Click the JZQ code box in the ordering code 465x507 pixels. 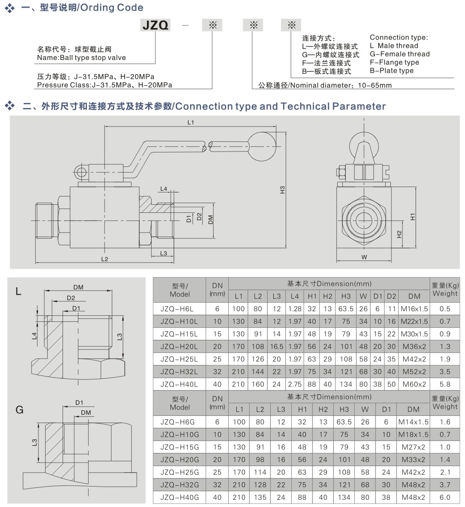(x=155, y=25)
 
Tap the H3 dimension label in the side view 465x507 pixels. (x=282, y=190)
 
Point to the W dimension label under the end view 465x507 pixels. (x=364, y=257)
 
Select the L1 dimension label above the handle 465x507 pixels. (x=191, y=123)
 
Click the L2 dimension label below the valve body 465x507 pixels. (x=105, y=259)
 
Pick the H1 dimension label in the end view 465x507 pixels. (x=412, y=217)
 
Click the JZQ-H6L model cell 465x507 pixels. (x=179, y=309)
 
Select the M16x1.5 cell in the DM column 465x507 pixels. (x=414, y=309)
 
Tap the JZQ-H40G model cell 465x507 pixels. (x=179, y=497)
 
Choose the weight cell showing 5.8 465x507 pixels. (x=445, y=384)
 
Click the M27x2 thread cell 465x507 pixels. (x=413, y=447)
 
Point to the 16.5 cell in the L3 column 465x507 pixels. (x=277, y=347)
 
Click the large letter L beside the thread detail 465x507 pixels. (x=18, y=291)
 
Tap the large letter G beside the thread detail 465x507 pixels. (x=19, y=410)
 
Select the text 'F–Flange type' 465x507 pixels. (x=394, y=62)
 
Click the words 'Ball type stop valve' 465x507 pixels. (x=93, y=58)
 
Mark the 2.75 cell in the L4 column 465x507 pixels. (x=295, y=384)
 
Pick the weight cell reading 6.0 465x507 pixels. (x=445, y=497)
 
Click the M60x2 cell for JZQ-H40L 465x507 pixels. (x=414, y=384)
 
